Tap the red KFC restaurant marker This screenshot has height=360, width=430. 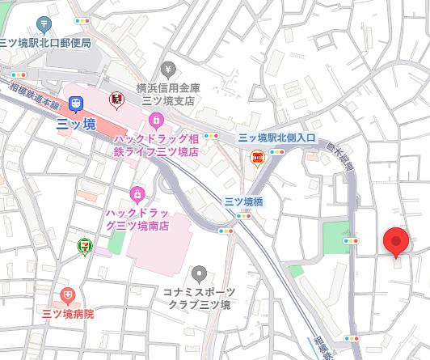116,100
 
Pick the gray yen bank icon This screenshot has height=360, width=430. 168,69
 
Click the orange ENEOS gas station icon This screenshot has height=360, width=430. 258,158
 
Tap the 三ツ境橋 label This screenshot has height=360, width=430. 242,201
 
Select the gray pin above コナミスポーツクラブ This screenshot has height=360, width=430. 199,273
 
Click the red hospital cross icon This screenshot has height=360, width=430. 68,296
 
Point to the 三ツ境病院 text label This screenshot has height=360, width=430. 68,314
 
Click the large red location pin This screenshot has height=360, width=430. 395,242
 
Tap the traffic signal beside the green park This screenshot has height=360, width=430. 351,240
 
